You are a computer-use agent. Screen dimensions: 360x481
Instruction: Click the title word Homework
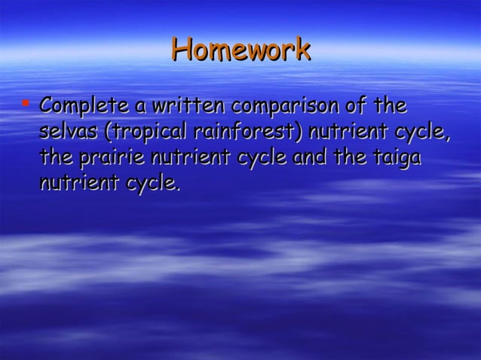point(240,50)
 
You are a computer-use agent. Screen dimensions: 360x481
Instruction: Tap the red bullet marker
point(26,100)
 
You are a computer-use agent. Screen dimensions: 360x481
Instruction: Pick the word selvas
point(69,132)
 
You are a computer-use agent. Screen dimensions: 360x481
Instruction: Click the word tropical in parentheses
point(146,133)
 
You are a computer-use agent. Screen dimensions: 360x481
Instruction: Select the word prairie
point(109,158)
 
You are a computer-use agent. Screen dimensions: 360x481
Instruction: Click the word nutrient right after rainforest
point(345,132)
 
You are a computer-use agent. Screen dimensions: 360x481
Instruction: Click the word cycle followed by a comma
point(424,133)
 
